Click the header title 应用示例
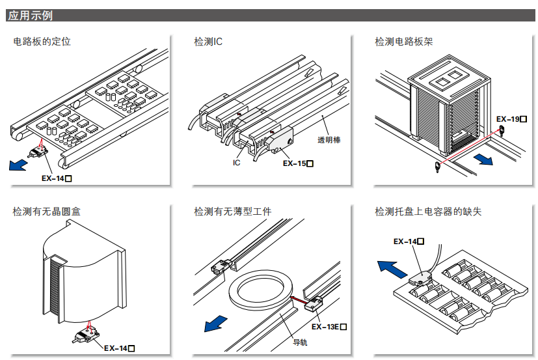(30, 15)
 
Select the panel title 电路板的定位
(42, 42)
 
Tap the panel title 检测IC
(208, 42)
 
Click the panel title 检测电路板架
(404, 42)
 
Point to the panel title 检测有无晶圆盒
(47, 212)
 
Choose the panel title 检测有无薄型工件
(232, 212)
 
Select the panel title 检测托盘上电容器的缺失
(428, 212)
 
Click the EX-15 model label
(298, 163)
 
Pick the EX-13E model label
(329, 326)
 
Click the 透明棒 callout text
(329, 140)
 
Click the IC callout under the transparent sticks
(237, 163)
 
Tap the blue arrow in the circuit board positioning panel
(18, 165)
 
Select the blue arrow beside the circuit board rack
(483, 159)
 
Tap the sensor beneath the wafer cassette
(85, 337)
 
